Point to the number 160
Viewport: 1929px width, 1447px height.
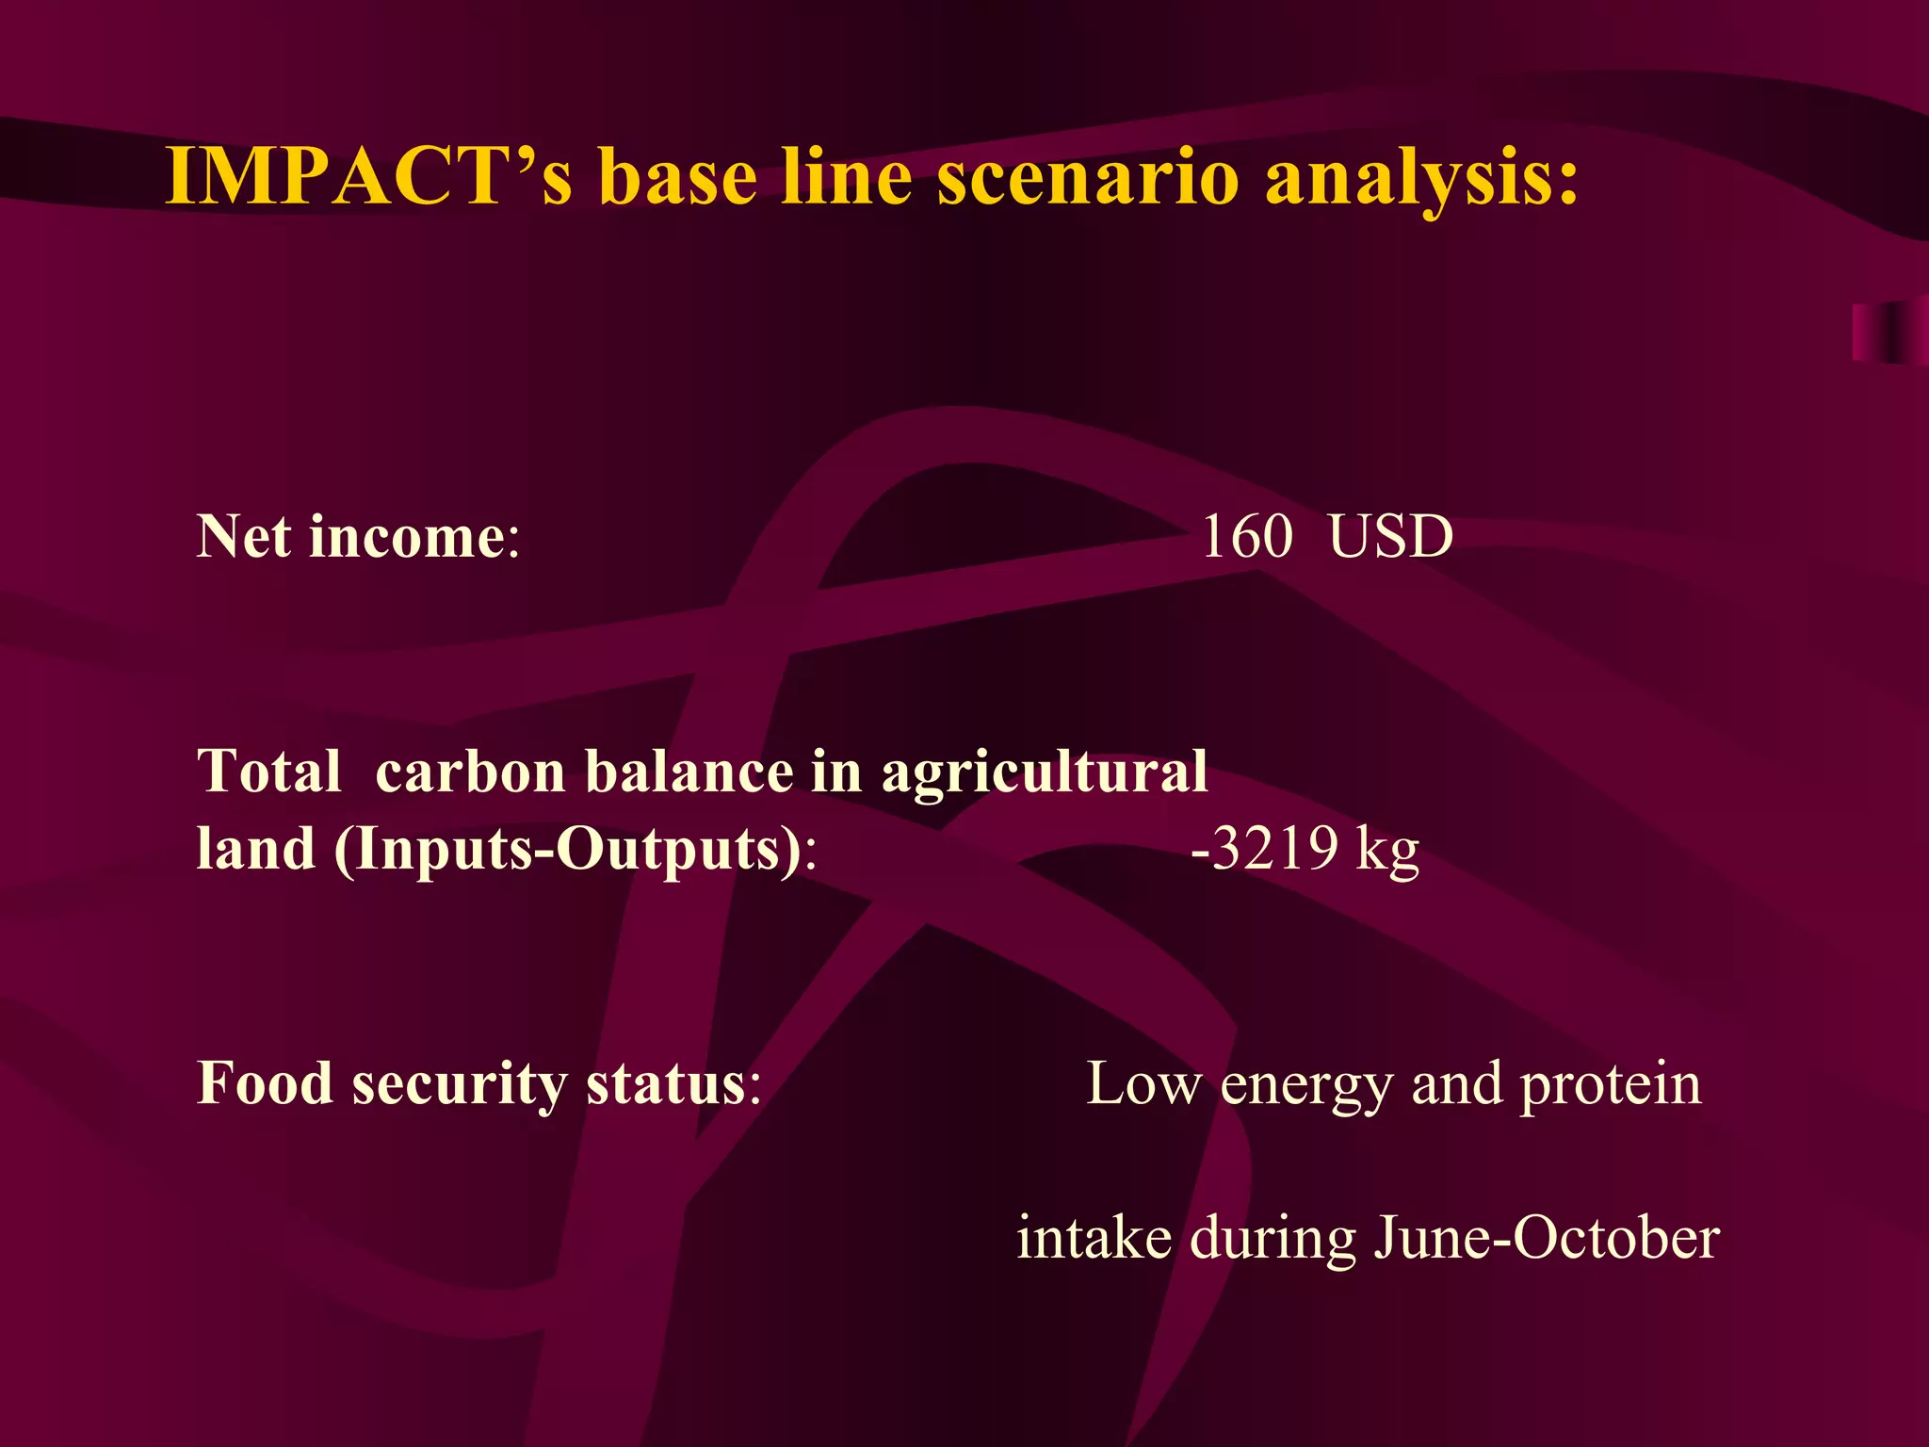1247,537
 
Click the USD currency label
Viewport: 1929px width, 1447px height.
1390,537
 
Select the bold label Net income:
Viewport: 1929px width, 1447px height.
358,537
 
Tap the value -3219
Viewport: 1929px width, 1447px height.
1265,848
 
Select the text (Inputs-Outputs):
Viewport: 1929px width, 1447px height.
575,850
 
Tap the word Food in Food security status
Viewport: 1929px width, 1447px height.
264,1083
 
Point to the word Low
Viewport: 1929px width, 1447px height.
1143,1083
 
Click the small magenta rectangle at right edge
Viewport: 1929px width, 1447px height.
1888,332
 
